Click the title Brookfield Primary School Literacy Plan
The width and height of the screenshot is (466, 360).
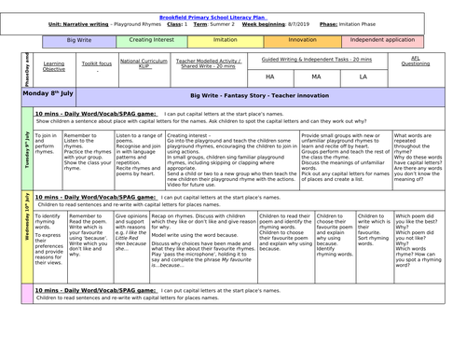coord(233,7)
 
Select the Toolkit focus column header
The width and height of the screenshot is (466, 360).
coord(98,67)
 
